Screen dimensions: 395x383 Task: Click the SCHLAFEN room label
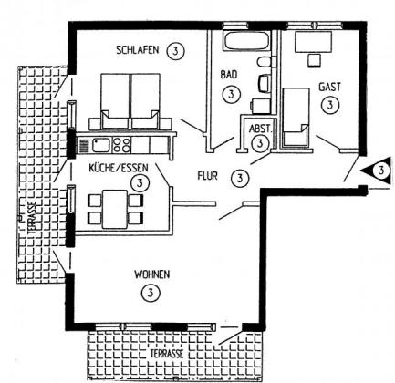(138, 50)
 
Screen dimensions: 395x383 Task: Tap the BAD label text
(229, 75)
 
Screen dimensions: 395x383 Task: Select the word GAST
(329, 87)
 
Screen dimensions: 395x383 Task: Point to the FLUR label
(208, 176)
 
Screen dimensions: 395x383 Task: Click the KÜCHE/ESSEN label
(119, 168)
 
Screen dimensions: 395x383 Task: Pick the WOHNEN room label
(152, 274)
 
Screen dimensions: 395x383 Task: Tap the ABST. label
(260, 129)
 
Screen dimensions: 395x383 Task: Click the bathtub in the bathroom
(246, 41)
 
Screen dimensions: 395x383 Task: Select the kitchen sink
(100, 145)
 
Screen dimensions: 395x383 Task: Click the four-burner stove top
(121, 145)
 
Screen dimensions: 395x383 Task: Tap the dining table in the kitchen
(115, 209)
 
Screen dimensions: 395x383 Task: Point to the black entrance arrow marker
(377, 171)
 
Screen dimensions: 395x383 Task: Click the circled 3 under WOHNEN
(151, 293)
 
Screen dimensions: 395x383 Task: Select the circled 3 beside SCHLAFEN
(175, 51)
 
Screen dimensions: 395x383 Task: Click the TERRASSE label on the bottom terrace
(167, 354)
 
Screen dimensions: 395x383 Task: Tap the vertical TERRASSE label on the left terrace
(33, 218)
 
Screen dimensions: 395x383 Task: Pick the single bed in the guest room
(296, 116)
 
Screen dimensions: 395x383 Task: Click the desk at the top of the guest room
(313, 42)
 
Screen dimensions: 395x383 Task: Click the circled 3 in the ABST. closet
(260, 143)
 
